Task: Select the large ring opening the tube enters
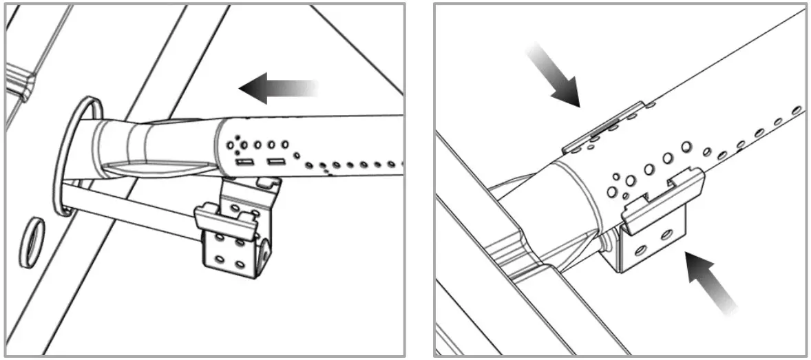click(76, 156)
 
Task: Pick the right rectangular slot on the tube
click(276, 162)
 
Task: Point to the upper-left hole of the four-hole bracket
click(218, 237)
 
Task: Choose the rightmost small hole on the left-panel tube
click(391, 165)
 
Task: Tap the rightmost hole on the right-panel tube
click(798, 109)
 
